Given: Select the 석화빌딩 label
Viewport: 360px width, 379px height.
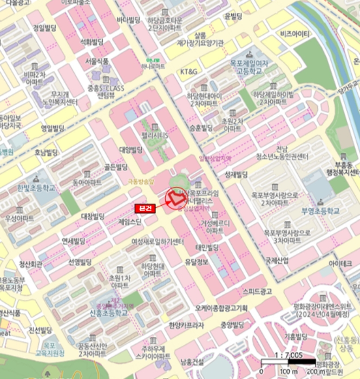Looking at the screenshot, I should (x=91, y=41).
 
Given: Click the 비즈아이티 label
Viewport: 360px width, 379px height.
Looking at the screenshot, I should (x=295, y=34).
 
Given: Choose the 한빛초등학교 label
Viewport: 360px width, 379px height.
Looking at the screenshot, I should (x=36, y=188).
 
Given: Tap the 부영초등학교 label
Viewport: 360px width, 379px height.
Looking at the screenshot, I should (x=321, y=211).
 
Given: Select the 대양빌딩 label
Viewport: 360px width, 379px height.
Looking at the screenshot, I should (x=130, y=149).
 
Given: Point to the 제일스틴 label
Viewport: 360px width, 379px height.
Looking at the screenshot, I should (x=130, y=222).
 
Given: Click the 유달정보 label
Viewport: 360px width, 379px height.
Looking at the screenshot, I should (x=196, y=262).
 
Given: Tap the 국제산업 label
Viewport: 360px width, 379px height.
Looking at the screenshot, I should (x=277, y=260).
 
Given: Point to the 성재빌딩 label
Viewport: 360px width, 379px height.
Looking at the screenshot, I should (x=235, y=174).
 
